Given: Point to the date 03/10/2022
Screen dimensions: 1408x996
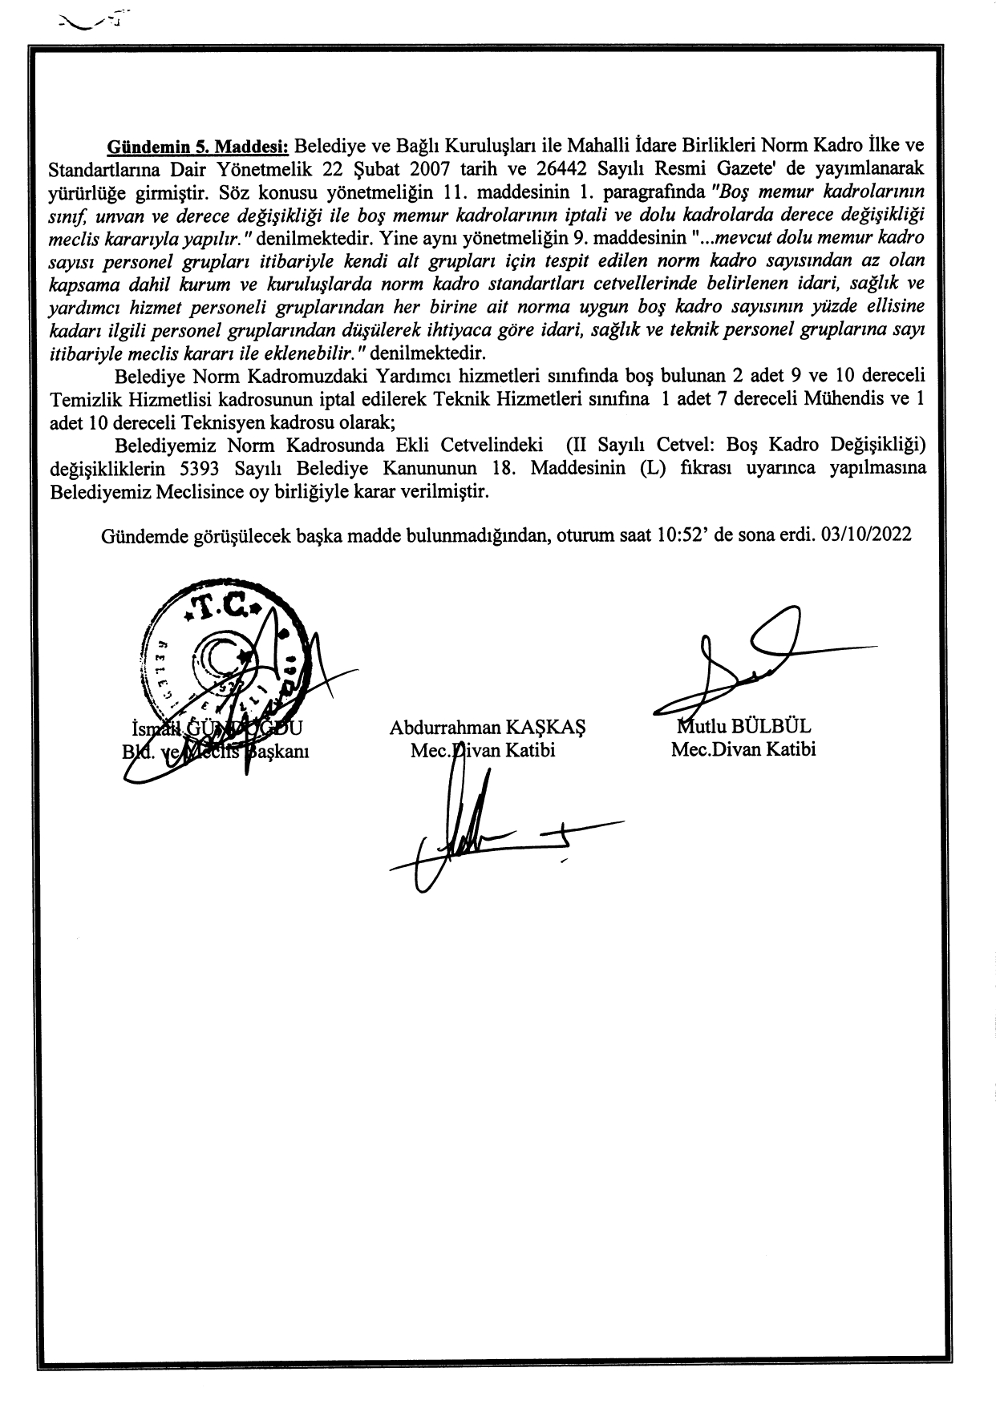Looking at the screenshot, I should click(x=866, y=535).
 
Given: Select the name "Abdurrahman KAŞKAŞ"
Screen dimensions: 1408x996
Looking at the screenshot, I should click(x=488, y=728).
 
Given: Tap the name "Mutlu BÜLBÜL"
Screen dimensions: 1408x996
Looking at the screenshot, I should click(x=744, y=727).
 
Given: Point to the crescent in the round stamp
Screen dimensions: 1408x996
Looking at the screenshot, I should click(x=215, y=660).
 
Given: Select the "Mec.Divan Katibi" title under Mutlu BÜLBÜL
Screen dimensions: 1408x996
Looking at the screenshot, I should click(x=743, y=750).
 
